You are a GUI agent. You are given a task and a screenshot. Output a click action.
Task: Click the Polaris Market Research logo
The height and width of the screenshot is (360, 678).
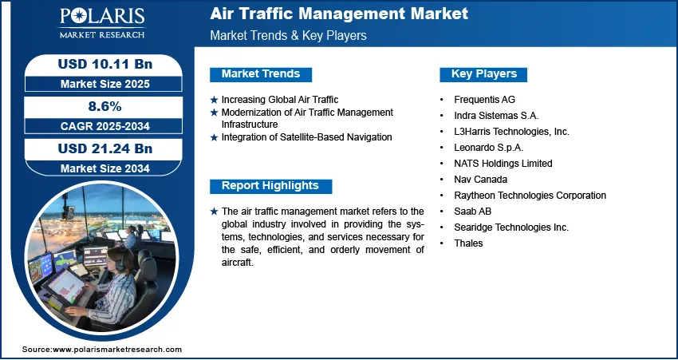coord(102,23)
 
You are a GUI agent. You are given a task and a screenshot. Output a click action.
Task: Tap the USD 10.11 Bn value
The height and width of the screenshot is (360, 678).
coord(105,64)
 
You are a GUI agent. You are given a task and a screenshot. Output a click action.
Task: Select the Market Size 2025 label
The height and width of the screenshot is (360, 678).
coord(105,84)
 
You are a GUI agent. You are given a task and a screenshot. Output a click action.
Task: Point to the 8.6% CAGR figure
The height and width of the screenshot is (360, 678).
coord(105,106)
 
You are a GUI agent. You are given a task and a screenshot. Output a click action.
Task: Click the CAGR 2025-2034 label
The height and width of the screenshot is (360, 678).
coord(105,126)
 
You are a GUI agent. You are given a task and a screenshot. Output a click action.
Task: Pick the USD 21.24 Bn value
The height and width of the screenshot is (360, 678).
coord(105,148)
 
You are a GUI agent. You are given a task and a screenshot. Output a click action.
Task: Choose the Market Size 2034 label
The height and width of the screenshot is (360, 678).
coord(105,168)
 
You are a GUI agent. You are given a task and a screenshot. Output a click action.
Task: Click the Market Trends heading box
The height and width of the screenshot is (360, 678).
coord(261,74)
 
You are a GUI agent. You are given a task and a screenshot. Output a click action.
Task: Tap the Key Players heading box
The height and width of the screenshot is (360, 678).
coord(483,74)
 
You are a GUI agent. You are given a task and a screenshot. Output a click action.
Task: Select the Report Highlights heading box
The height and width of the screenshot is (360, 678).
coord(270,186)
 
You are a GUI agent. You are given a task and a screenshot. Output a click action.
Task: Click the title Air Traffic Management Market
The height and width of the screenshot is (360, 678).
coord(339,14)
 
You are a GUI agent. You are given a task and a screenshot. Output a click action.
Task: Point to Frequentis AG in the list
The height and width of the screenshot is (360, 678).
coord(484,100)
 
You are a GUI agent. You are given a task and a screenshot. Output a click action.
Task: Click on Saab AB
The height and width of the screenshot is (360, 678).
coord(473,212)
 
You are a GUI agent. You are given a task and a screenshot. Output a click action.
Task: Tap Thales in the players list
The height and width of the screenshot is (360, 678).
coord(468,243)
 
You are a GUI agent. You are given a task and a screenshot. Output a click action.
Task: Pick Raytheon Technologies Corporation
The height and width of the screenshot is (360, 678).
coord(530,195)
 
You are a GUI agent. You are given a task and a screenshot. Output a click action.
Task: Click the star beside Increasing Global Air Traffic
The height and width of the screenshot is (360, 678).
coord(214,100)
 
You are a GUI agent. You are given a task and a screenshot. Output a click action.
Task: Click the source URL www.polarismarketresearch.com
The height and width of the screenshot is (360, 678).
coord(117,349)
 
